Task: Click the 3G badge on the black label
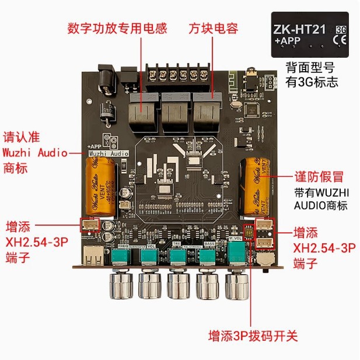339,27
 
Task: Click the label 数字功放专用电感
117,28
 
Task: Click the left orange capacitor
101,187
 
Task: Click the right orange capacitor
256,183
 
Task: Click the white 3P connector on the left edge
90,225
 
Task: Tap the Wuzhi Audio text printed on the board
108,153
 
